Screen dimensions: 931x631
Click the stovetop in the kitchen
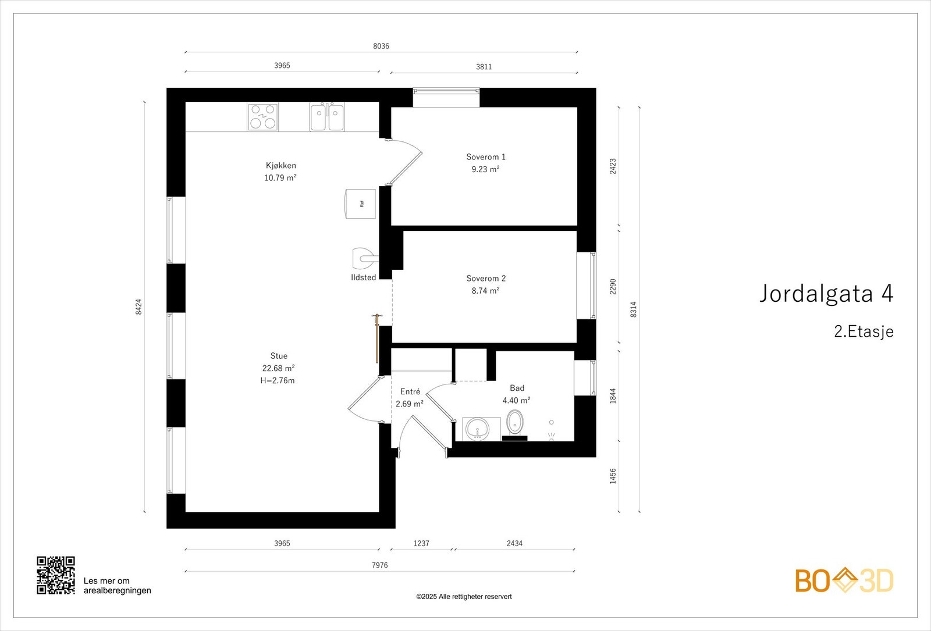click(262, 117)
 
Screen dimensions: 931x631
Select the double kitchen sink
click(327, 117)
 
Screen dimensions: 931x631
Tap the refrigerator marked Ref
click(360, 204)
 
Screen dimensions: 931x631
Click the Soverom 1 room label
click(485, 157)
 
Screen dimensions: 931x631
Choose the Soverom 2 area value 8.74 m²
click(485, 291)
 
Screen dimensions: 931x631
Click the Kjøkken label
click(281, 165)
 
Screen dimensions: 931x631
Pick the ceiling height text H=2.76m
click(277, 380)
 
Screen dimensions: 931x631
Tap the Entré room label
click(410, 391)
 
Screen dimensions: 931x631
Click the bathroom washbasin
click(478, 428)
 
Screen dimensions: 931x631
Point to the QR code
click(56, 575)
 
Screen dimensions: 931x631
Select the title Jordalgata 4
click(826, 293)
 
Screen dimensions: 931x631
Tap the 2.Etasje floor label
click(864, 331)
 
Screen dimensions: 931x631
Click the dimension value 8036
click(381, 46)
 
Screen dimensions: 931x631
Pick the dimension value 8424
click(139, 306)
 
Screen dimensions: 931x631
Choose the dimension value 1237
click(421, 543)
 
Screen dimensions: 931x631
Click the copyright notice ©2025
click(464, 597)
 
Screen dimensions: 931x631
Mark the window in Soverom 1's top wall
click(446, 98)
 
